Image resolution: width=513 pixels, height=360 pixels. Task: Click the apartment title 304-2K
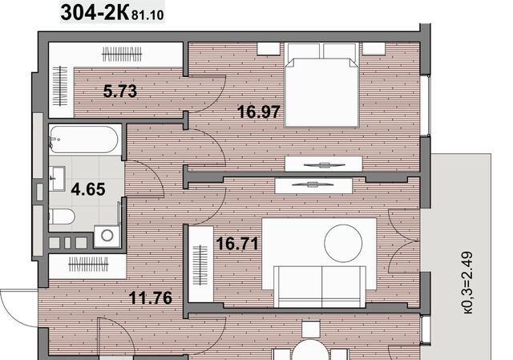pyautogui.click(x=95, y=13)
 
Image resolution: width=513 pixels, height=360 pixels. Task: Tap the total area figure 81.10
pyautogui.click(x=147, y=15)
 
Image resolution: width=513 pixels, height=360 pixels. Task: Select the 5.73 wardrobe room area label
pyautogui.click(x=120, y=91)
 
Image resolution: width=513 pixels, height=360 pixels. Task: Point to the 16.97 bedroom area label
pyautogui.click(x=259, y=111)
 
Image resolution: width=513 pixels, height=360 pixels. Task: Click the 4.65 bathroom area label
pyautogui.click(x=88, y=189)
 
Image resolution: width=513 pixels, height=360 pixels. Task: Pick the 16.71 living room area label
pyautogui.click(x=237, y=244)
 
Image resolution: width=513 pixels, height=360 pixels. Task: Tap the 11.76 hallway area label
pyautogui.click(x=151, y=297)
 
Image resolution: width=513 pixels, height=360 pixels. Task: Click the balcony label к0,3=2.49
pyautogui.click(x=468, y=283)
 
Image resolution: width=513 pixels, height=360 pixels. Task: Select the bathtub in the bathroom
pyautogui.click(x=83, y=140)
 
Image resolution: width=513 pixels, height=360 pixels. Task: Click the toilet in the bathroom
pyautogui.click(x=62, y=216)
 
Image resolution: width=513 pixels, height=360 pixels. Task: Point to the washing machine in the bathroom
pyautogui.click(x=107, y=235)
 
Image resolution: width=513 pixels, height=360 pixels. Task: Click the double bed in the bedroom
pyautogui.click(x=321, y=84)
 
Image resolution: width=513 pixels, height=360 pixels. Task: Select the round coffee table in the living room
pyautogui.click(x=343, y=243)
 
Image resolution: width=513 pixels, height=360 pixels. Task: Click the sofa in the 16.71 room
pyautogui.click(x=319, y=287)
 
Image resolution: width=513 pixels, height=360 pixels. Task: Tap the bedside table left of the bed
pyautogui.click(x=269, y=48)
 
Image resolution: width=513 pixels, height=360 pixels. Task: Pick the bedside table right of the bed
pyautogui.click(x=374, y=48)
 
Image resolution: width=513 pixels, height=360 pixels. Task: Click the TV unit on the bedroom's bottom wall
pyautogui.click(x=324, y=164)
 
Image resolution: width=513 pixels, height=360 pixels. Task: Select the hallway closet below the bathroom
pyautogui.click(x=87, y=266)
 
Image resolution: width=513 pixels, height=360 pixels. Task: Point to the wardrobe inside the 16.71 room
pyautogui.click(x=201, y=264)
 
